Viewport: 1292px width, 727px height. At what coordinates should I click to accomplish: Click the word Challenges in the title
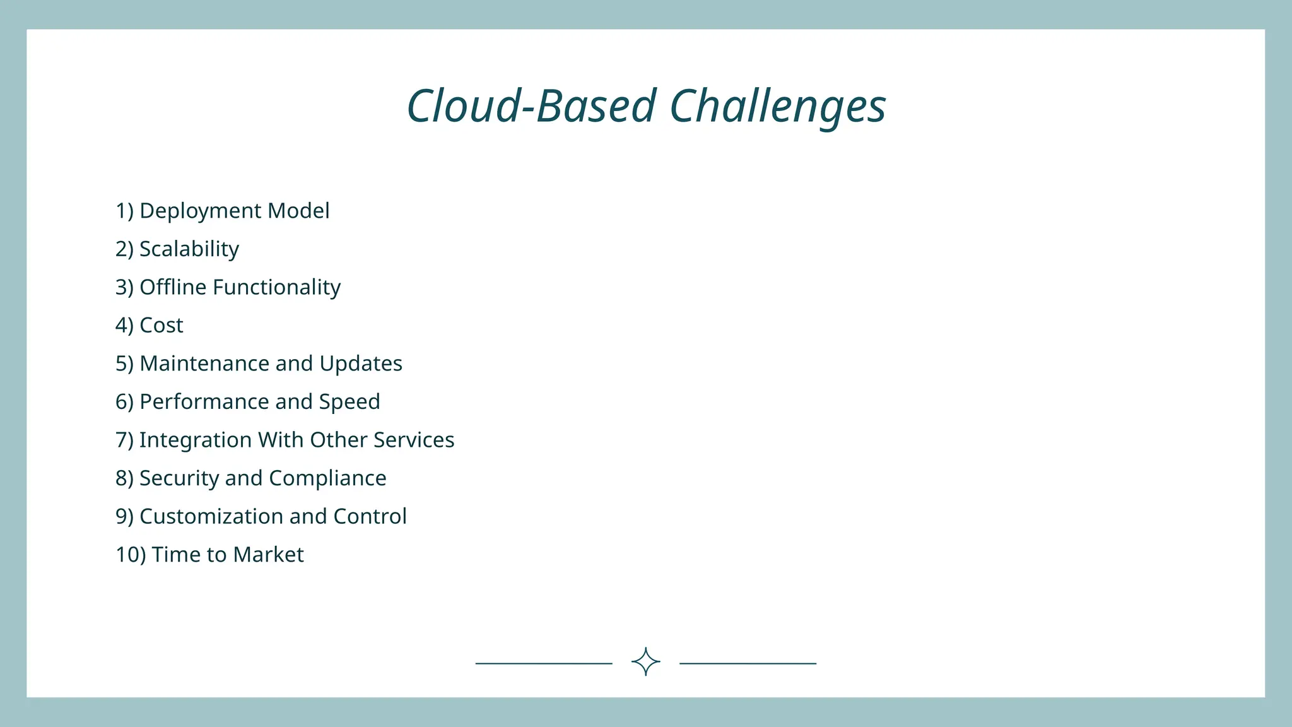coord(777,106)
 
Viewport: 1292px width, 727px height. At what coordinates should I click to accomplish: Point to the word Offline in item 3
coord(173,287)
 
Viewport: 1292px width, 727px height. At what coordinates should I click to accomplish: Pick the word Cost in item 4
coord(161,326)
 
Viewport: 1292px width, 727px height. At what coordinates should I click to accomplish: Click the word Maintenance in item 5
coord(204,363)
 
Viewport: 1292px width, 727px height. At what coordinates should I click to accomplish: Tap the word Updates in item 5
coord(360,363)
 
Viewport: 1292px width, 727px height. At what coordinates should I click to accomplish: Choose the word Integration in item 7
coord(196,440)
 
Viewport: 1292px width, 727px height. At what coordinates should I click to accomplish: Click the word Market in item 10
coord(268,555)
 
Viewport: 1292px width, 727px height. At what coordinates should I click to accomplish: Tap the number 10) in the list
coord(131,555)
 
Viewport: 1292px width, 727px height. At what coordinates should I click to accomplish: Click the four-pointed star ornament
coord(645,661)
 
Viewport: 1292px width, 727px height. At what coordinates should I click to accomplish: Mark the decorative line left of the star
coord(544,663)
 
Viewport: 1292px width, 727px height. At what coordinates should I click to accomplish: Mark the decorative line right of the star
coord(748,663)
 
